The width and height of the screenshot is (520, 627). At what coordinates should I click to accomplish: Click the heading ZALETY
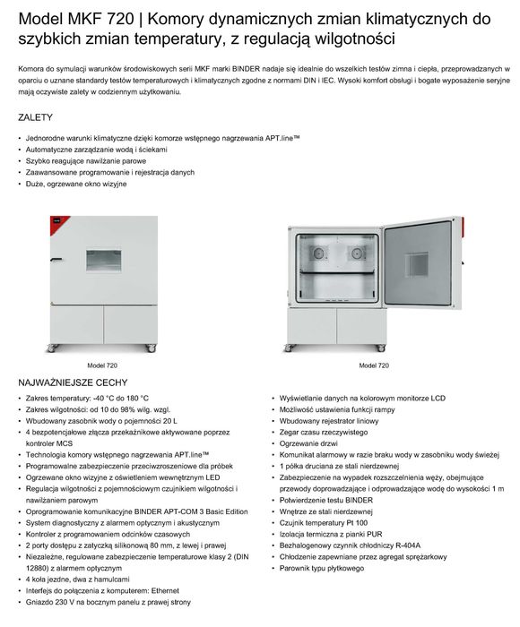(35, 117)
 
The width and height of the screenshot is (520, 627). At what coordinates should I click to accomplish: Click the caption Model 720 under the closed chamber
(102, 365)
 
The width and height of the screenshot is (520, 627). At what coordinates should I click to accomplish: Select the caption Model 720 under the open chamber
(374, 365)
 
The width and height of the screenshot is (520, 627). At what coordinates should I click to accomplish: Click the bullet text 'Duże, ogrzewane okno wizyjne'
(77, 184)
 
